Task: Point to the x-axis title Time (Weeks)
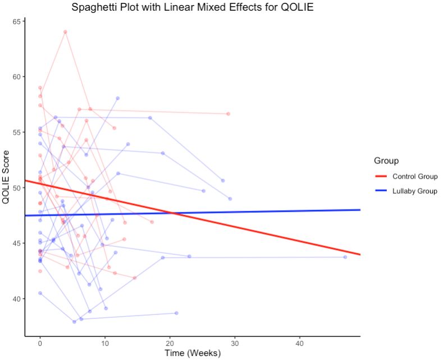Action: (x=193, y=353)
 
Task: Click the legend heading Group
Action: (x=386, y=161)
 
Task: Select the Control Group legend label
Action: (x=415, y=176)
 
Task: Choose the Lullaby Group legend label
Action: (x=415, y=191)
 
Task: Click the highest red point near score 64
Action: (x=65, y=32)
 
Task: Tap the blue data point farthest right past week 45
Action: (x=345, y=257)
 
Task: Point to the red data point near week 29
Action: (x=228, y=114)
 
